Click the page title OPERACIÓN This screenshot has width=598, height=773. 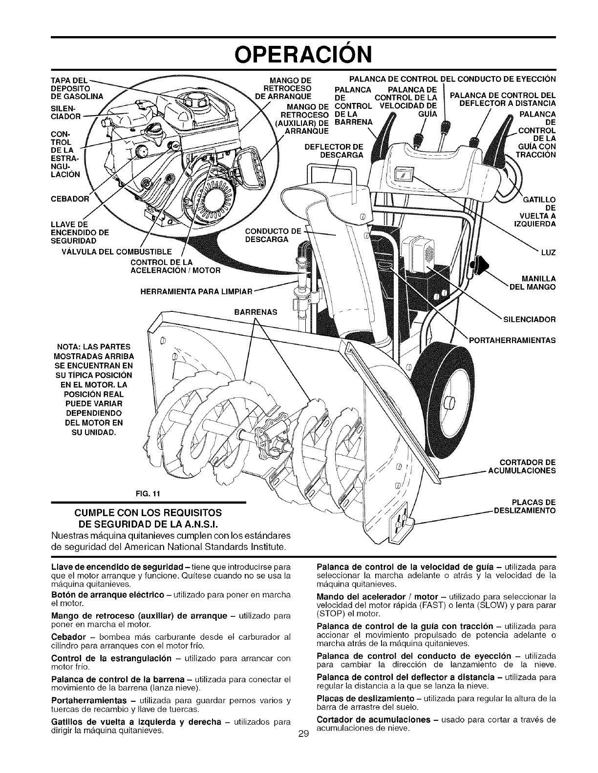[299, 55]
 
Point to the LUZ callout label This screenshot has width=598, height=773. [549, 253]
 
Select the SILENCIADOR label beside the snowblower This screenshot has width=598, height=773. [530, 320]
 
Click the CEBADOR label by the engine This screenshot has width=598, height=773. [70, 199]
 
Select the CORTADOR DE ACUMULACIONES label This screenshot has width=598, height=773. [528, 467]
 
